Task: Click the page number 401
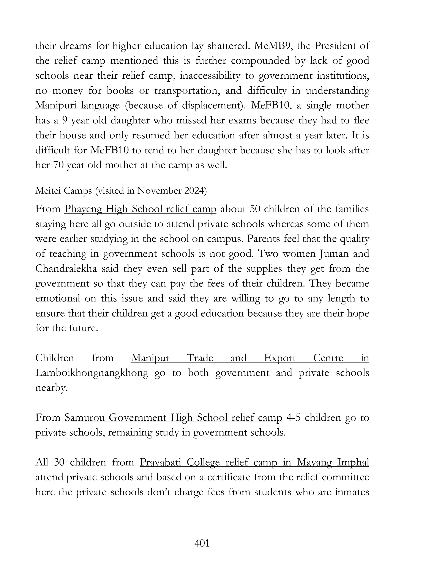[202, 543]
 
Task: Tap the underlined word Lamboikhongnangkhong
[92, 373]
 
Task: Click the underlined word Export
[280, 358]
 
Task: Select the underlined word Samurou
[85, 418]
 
